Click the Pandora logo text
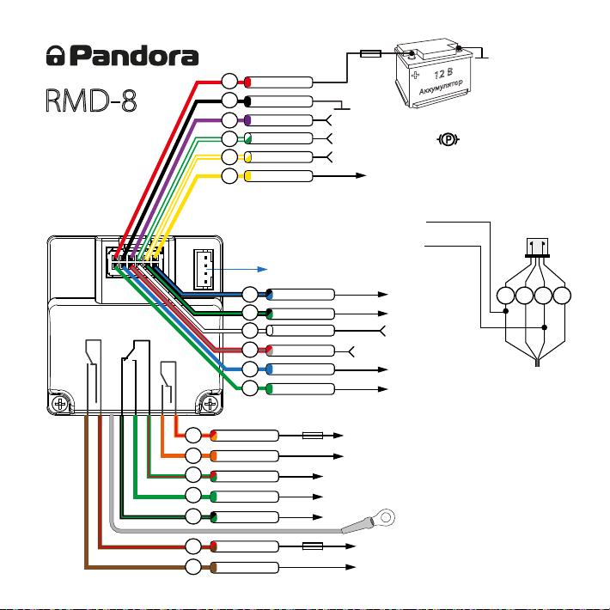(x=136, y=56)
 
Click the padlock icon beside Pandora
(x=55, y=55)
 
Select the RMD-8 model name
(x=91, y=101)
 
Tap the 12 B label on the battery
(x=443, y=73)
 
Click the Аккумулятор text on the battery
(x=441, y=87)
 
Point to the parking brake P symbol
(x=448, y=139)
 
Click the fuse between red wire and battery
(x=370, y=53)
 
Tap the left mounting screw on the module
(x=60, y=404)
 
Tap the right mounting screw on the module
(x=210, y=404)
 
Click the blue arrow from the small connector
(x=236, y=269)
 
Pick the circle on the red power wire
(x=229, y=82)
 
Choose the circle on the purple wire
(x=229, y=120)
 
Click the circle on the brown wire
(x=193, y=567)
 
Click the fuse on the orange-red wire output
(x=313, y=436)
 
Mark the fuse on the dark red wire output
(x=313, y=546)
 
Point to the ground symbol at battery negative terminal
(x=482, y=53)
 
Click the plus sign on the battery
(x=416, y=75)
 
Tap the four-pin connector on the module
(x=204, y=269)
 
